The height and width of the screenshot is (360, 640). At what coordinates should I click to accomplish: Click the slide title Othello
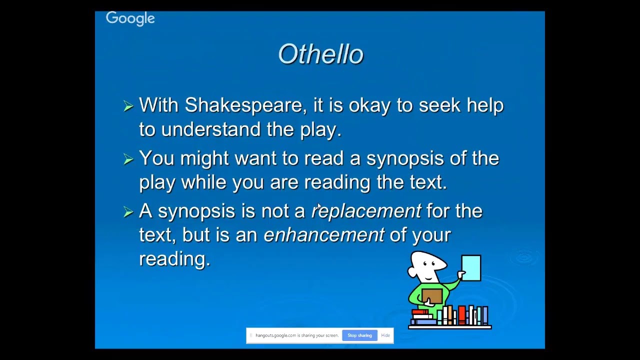[x=320, y=54]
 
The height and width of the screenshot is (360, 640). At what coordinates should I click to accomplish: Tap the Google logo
[x=130, y=18]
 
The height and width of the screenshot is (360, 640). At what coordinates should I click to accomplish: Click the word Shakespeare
[x=243, y=105]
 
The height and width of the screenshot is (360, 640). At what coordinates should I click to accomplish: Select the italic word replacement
[x=366, y=211]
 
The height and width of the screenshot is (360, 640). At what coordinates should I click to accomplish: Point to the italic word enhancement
[x=324, y=235]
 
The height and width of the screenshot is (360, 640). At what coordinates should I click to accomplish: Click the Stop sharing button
[x=359, y=335]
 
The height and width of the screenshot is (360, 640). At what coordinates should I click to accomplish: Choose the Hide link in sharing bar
[x=385, y=335]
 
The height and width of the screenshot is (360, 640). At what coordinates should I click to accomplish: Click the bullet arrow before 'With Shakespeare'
[x=128, y=106]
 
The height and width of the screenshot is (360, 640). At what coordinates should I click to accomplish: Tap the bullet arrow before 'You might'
[x=128, y=159]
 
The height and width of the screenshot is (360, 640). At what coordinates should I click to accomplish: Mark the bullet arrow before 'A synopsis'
[x=128, y=212]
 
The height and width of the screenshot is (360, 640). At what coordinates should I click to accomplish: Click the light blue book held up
[x=471, y=267]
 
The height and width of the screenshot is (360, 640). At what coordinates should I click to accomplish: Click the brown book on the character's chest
[x=431, y=296]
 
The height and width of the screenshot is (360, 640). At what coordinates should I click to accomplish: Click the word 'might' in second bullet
[x=204, y=158]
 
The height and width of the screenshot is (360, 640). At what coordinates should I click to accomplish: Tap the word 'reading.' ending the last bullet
[x=174, y=259]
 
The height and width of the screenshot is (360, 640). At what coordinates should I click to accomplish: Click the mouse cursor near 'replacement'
[x=319, y=207]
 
